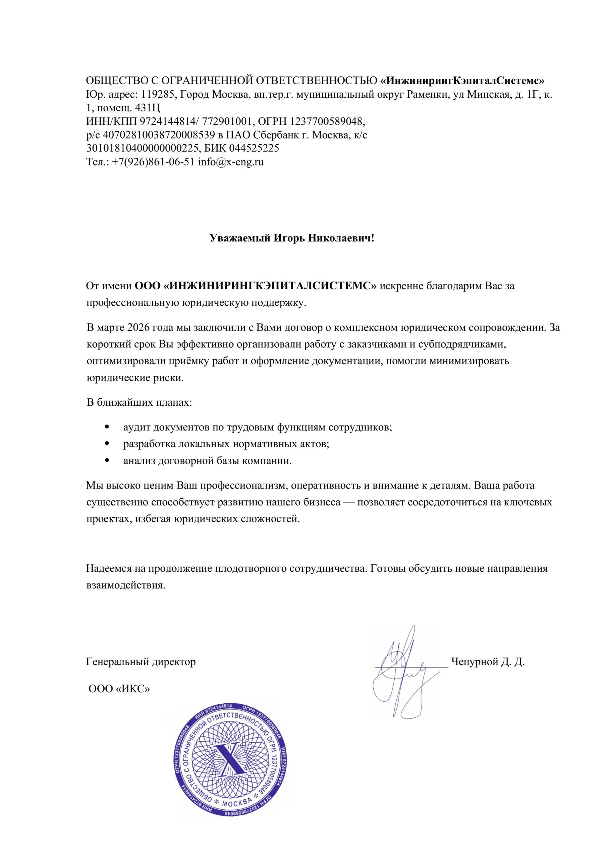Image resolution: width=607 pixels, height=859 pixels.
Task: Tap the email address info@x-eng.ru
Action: click(231, 162)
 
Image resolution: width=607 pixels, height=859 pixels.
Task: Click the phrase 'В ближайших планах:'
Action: click(140, 403)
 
